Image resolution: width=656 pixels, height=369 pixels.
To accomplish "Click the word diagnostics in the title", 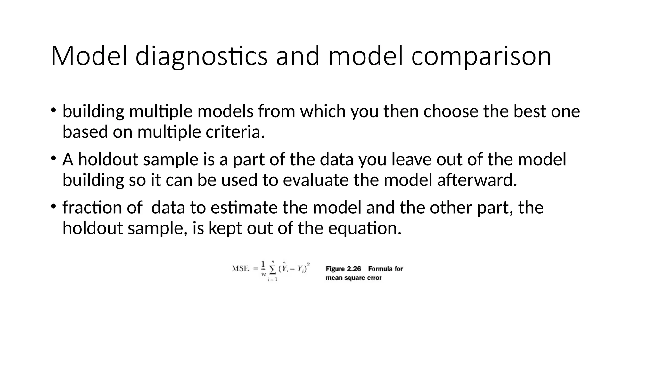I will tap(201, 56).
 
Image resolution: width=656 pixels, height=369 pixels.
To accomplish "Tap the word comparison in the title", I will tap(481, 56).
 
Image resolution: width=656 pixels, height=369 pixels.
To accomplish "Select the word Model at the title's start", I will tap(89, 56).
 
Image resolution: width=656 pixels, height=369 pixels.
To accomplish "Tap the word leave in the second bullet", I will tap(411, 160).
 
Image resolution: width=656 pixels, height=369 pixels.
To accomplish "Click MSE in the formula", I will tap(240, 268).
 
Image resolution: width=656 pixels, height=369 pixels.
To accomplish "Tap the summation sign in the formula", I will tap(273, 270).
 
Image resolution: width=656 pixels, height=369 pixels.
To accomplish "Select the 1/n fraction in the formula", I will tap(263, 268).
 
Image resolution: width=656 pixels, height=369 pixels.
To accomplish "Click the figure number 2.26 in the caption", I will tap(354, 269).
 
